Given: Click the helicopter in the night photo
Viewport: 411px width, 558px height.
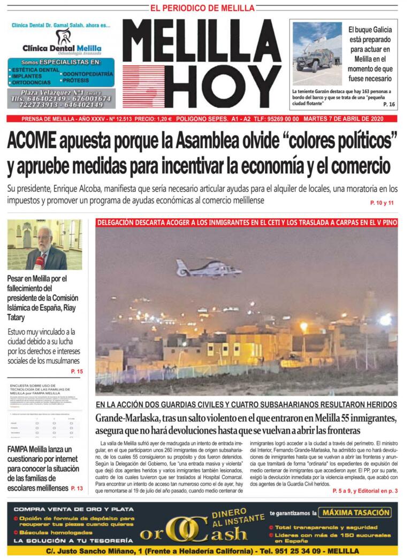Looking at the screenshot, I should (209, 266).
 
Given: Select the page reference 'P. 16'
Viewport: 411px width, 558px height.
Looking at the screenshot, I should (389, 104).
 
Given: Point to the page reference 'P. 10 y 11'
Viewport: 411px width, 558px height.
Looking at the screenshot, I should (382, 203).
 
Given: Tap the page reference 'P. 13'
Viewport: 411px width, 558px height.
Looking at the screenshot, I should (77, 488).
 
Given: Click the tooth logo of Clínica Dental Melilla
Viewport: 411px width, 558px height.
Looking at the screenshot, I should (64, 36).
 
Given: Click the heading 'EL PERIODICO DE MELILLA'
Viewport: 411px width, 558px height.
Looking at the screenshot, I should (202, 8).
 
